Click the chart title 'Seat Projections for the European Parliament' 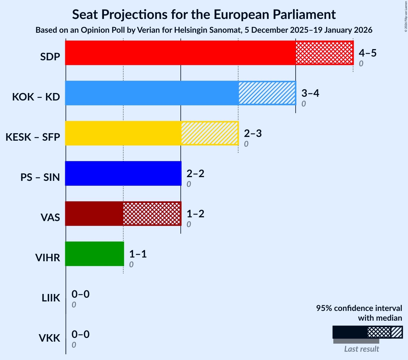pos(204,14)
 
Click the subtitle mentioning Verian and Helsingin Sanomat pos(204,30)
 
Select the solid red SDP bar pos(180,53)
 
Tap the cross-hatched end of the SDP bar pos(324,53)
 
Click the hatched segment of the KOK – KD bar pos(267,93)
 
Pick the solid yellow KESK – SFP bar pos(123,133)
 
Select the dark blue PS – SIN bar pos(123,173)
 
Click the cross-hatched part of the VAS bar pos(152,214)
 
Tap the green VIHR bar pos(94,254)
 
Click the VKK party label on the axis pos(49,338)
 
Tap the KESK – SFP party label pos(33,137)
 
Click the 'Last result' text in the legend pos(361,349)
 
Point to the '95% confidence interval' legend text pos(359,308)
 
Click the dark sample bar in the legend pos(350,332)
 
